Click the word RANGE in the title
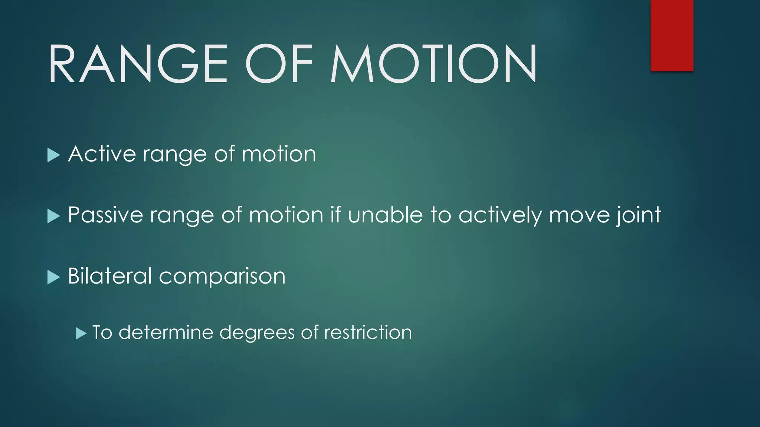(138, 63)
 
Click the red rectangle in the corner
(672, 35)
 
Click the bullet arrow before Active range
(53, 155)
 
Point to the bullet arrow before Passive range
(53, 216)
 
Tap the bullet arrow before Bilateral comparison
(53, 277)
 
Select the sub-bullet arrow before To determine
(81, 333)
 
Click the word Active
(102, 154)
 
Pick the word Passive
(105, 215)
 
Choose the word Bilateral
(110, 276)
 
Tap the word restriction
(368, 332)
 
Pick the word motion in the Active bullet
(279, 154)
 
